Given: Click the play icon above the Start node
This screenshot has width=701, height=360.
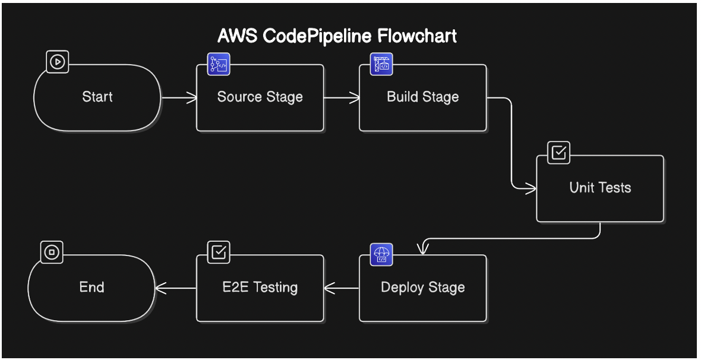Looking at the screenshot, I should coord(58,61).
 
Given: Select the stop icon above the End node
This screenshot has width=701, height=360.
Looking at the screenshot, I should coord(52,252).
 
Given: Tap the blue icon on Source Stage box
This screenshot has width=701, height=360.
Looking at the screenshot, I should coord(219,64).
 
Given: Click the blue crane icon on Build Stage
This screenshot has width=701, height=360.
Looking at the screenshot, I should coord(381,64).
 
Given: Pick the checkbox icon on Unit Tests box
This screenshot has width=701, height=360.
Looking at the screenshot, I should coord(558,153).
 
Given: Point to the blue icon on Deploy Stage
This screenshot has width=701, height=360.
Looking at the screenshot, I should coord(381,254).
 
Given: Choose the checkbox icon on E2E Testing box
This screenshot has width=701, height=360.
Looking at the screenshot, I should coord(219,252).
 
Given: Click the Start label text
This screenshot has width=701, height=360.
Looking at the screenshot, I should coord(97,97).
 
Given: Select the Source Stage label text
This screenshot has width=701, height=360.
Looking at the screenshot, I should coord(260,97).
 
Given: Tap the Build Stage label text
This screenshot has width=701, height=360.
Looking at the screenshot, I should coord(422,97).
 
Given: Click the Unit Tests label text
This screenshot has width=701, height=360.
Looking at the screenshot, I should coord(600,188).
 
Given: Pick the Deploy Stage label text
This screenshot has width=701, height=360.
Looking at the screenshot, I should coord(422,288).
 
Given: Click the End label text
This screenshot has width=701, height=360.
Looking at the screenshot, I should coord(91,288).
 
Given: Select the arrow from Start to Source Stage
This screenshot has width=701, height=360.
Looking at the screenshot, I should coord(179,98).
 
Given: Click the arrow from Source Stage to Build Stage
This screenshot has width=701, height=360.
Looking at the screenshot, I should coord(342,98).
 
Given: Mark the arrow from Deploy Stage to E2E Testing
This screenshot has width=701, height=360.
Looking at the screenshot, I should coord(342,289).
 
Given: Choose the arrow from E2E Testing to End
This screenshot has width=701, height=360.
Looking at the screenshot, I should coord(176,289).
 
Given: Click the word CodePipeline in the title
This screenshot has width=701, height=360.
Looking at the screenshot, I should coord(314,36).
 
